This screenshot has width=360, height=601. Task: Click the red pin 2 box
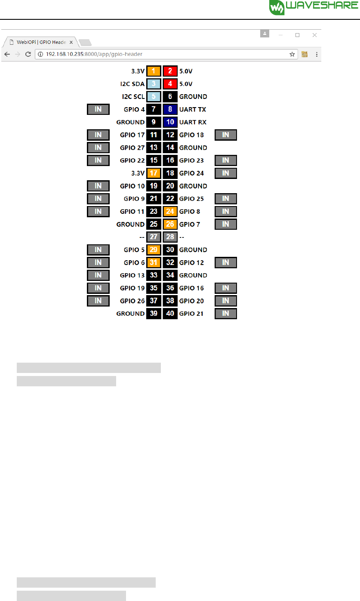coord(170,71)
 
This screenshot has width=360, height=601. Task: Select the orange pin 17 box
coord(154,173)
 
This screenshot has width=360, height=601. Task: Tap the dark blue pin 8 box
coord(170,109)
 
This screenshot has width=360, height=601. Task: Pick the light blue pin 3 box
coord(154,84)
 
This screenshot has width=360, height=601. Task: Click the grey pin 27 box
coord(154,237)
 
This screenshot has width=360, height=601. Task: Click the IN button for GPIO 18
coord(226,135)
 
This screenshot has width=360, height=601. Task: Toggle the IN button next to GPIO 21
coord(226,314)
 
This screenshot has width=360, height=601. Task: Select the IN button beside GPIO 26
coord(98,301)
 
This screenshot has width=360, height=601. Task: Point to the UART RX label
coord(193,122)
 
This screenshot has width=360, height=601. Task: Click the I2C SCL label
coord(132,97)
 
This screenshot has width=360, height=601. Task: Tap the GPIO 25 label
coord(191,199)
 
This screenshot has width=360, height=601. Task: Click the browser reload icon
coord(28,54)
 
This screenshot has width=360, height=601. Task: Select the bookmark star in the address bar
coord(292,54)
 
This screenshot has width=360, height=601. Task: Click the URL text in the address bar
coord(94,54)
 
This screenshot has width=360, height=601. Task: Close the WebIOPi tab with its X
coord(71,43)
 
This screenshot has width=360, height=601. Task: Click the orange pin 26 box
coord(170,224)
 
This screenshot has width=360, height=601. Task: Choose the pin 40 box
coord(170,314)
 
